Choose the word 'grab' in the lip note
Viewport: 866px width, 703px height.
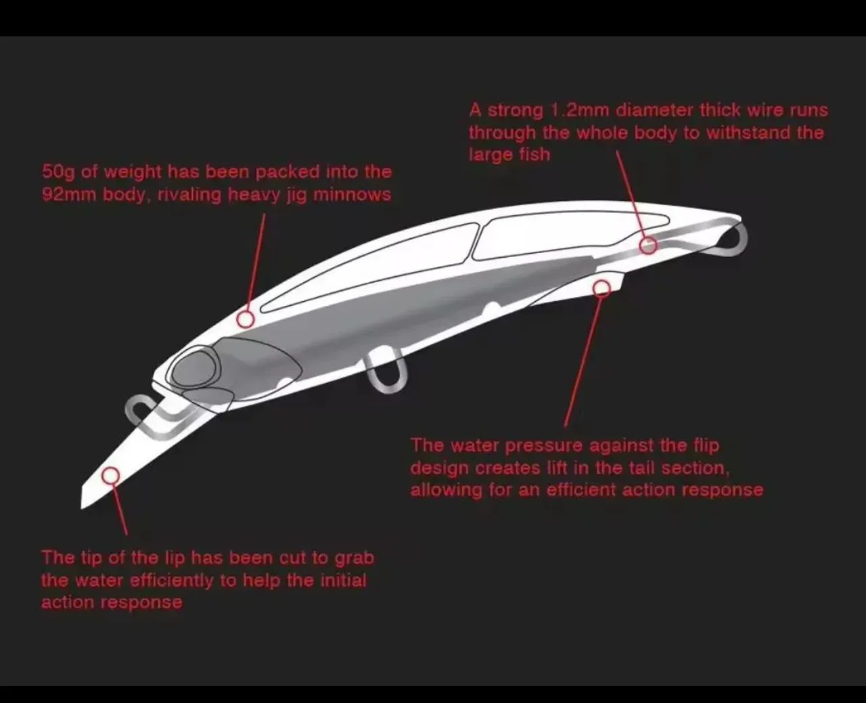point(354,558)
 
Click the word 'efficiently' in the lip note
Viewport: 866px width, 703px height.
point(172,581)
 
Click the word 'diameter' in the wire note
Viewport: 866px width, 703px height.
point(654,110)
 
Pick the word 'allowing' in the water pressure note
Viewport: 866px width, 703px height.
point(446,491)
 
